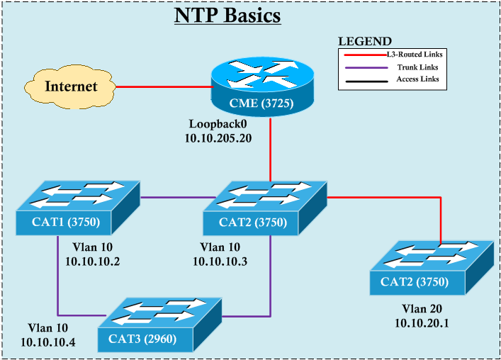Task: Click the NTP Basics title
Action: coord(227,16)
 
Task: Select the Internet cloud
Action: coord(70,87)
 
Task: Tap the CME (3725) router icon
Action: coord(261,89)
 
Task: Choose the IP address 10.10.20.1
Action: coord(423,323)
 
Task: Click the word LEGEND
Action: coord(364,41)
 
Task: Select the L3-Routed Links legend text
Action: coord(418,54)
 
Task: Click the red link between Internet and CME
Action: coord(162,87)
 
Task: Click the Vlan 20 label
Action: coord(423,310)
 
